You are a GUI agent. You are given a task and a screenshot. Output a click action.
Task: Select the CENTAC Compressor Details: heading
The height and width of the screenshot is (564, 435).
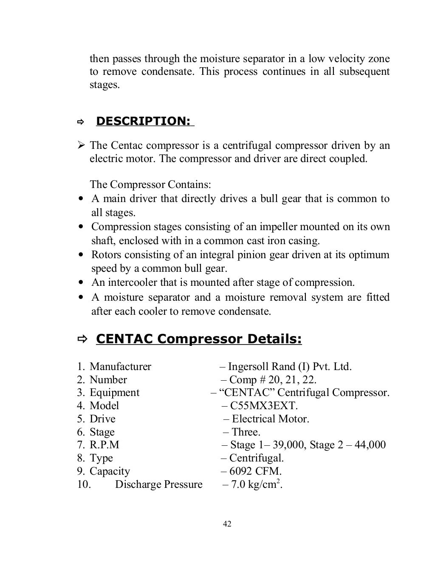[199, 339]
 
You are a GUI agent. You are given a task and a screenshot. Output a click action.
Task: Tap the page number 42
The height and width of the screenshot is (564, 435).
[227, 524]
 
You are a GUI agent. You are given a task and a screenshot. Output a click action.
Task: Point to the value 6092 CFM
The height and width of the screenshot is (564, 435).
[255, 471]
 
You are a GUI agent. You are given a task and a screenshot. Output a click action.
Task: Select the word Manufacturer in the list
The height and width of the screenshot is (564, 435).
[120, 367]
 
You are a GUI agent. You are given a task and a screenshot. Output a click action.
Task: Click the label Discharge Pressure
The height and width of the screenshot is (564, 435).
[158, 484]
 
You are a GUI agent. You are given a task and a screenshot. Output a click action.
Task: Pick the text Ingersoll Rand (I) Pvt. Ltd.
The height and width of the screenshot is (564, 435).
[290, 367]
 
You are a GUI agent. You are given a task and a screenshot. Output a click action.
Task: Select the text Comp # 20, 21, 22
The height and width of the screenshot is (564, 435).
[273, 380]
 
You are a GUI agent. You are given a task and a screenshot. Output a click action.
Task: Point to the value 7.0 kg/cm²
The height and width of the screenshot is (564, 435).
[256, 484]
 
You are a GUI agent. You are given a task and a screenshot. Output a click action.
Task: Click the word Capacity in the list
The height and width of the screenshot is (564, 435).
[110, 471]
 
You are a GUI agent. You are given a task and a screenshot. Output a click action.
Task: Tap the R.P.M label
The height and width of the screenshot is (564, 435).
[104, 445]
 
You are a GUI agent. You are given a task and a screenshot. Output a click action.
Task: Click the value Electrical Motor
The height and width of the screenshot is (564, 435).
[270, 419]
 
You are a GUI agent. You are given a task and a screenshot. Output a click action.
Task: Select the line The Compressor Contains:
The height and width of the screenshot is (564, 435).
[150, 185]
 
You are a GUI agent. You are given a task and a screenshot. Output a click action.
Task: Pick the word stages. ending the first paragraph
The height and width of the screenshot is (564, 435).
[105, 85]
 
